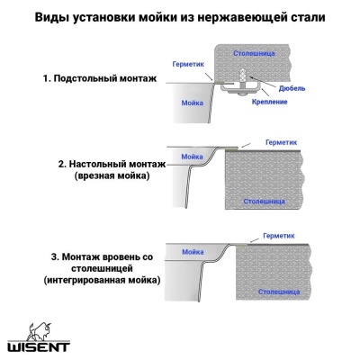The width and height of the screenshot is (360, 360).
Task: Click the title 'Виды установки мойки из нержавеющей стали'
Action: coord(180,17)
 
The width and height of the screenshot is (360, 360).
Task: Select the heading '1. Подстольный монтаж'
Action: coord(99,79)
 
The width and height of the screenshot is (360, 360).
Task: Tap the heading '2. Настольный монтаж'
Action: coord(106,166)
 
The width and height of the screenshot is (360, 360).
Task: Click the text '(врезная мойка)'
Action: coord(106,178)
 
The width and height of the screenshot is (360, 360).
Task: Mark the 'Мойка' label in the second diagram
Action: coord(193,157)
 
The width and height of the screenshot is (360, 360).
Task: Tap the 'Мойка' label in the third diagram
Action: coord(193,252)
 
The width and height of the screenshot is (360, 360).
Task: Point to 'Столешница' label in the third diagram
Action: coord(273,292)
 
